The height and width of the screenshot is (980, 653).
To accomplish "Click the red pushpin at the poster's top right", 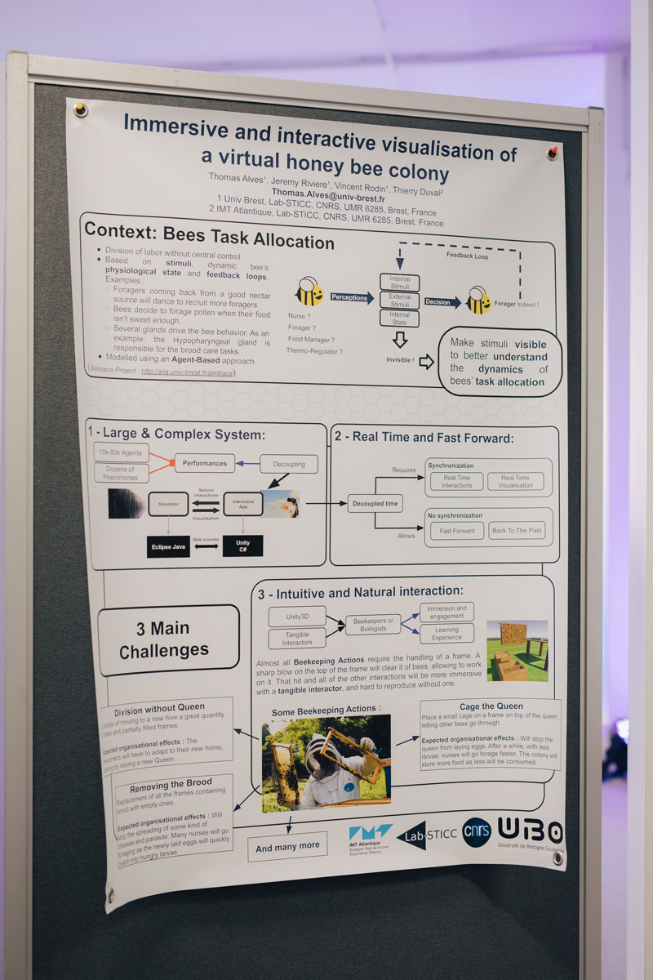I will pyautogui.click(x=553, y=153).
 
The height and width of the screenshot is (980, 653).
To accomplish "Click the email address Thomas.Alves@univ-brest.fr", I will pyautogui.click(x=328, y=192).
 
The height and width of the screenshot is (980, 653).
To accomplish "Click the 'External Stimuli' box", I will pyautogui.click(x=400, y=301).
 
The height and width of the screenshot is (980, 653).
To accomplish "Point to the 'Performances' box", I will pyautogui.click(x=204, y=463).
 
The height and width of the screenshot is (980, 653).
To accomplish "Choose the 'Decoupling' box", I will pyautogui.click(x=289, y=464).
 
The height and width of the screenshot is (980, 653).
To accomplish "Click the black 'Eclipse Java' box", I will pyautogui.click(x=168, y=546).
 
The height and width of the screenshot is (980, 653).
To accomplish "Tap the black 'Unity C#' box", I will pyautogui.click(x=242, y=546).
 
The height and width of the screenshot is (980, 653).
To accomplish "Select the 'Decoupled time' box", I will pyautogui.click(x=375, y=503).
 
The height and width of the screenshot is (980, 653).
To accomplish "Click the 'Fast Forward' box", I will pyautogui.click(x=457, y=531).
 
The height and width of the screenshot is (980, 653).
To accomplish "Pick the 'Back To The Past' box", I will pyautogui.click(x=517, y=531).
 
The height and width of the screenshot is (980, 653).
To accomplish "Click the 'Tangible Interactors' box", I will pyautogui.click(x=296, y=638).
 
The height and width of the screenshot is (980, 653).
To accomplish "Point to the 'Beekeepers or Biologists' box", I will pyautogui.click(x=373, y=625).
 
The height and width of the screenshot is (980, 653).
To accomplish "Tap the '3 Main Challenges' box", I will pyautogui.click(x=168, y=639).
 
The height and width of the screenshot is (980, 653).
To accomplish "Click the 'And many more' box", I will pyautogui.click(x=287, y=847).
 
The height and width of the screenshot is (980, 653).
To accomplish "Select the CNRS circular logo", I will pyautogui.click(x=477, y=831).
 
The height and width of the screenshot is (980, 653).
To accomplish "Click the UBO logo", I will pyautogui.click(x=531, y=832).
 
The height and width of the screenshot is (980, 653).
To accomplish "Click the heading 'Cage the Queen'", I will pyautogui.click(x=491, y=706).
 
